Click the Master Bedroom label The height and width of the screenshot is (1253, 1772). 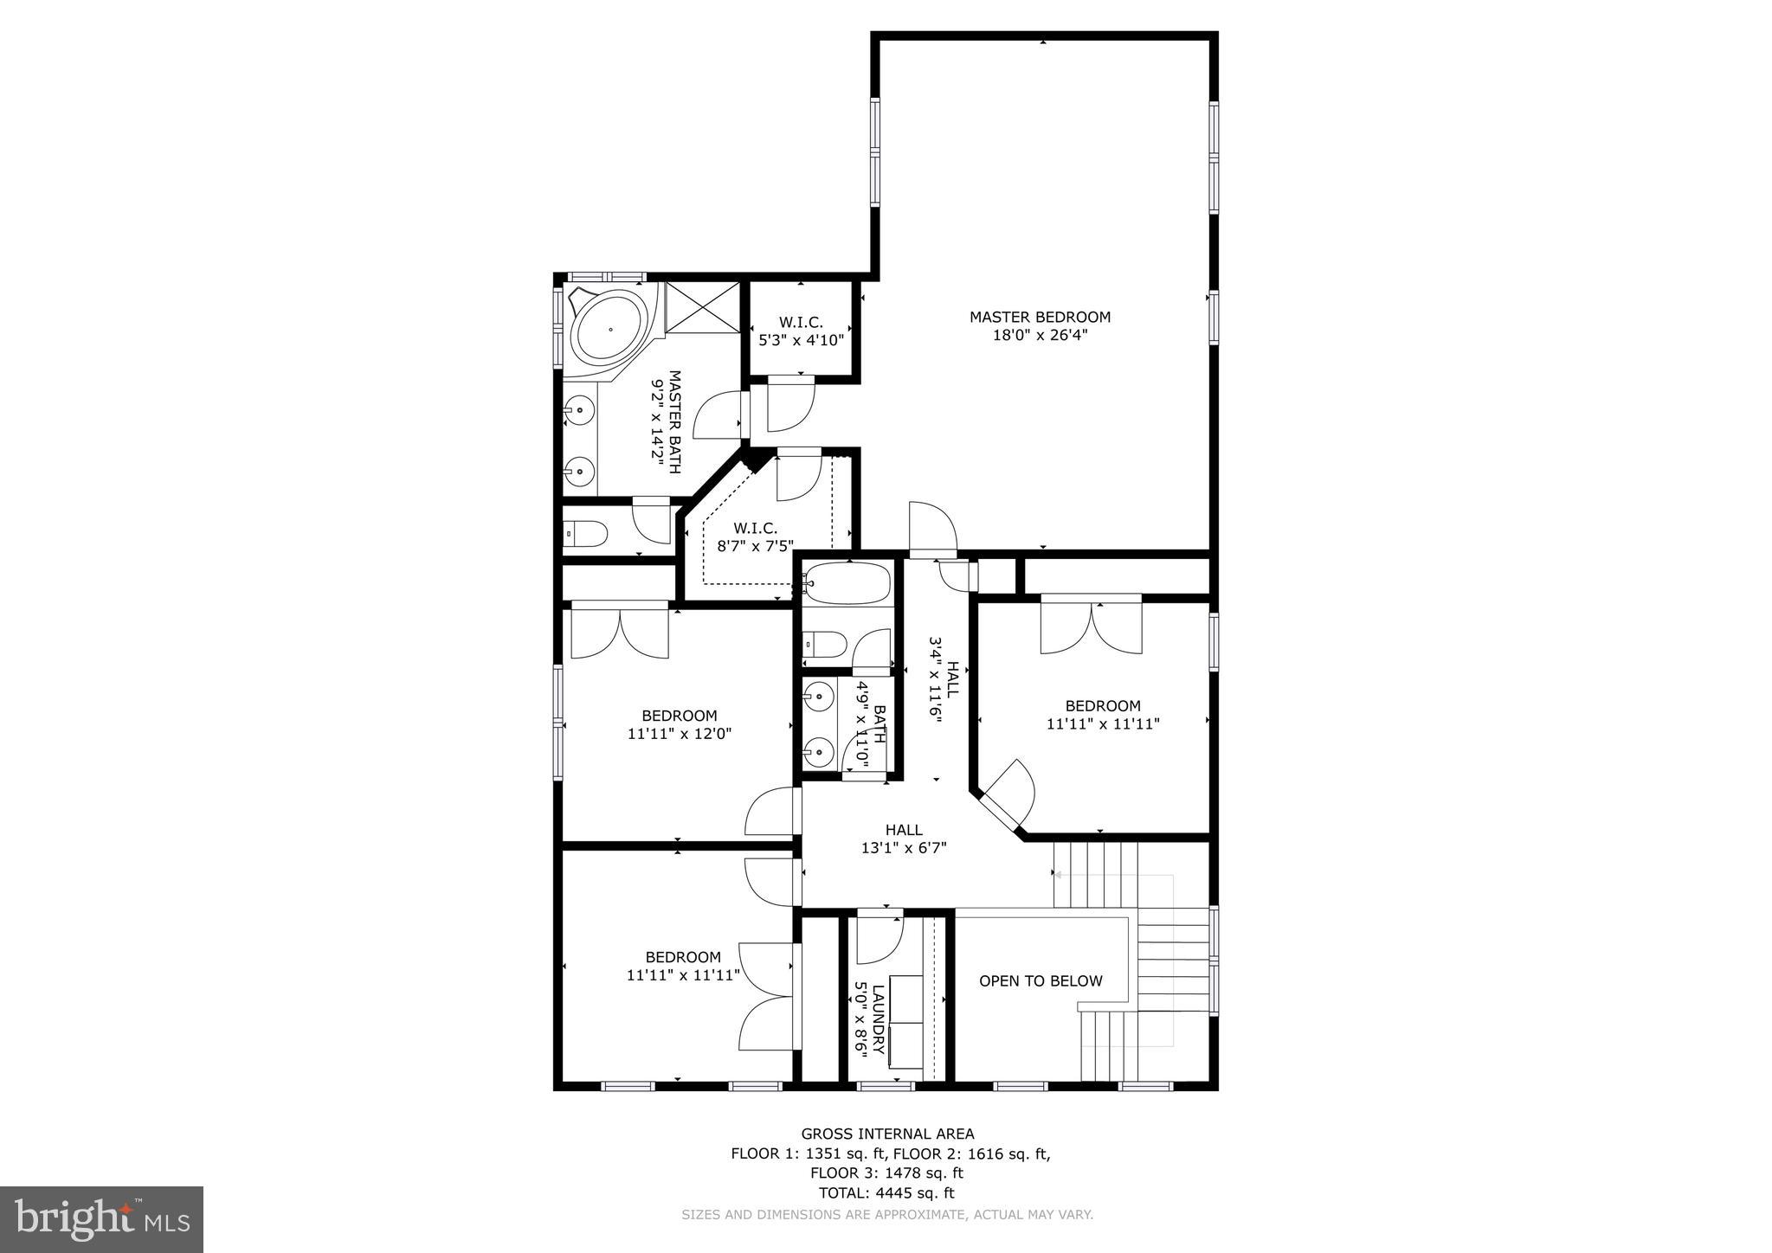point(1039,317)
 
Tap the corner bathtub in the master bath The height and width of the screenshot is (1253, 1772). point(609,330)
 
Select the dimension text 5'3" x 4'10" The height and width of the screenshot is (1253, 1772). point(801,340)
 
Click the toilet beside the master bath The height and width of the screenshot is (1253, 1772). point(587,534)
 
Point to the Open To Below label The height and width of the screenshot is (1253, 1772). point(1041,980)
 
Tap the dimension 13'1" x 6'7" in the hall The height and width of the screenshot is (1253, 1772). point(904,848)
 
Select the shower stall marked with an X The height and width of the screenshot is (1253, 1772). point(704,305)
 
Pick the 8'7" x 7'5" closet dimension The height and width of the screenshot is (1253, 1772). point(755,546)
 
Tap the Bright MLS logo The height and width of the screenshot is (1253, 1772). point(101,1219)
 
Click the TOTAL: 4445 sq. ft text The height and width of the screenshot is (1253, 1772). point(887,1192)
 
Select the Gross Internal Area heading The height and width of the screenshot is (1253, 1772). point(887,1134)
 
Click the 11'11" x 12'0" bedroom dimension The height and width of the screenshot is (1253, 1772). point(680,734)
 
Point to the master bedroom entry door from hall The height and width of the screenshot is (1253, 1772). point(932,530)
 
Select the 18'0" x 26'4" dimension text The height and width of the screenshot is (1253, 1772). point(1039,335)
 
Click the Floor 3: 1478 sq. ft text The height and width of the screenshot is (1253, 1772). point(887,1173)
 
